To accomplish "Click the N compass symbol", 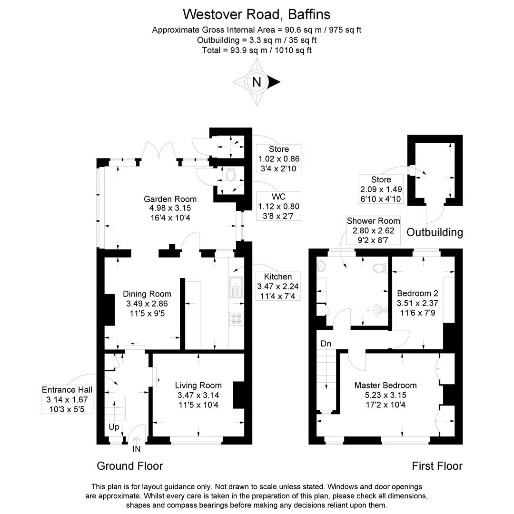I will pyautogui.click(x=257, y=82).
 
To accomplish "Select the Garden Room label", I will pyautogui.click(x=170, y=199).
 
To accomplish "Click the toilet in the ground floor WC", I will pyautogui.click(x=231, y=175).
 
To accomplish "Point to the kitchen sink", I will pyautogui.click(x=236, y=287).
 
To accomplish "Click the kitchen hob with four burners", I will pyautogui.click(x=236, y=318).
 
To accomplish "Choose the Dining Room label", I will pyautogui.click(x=147, y=294).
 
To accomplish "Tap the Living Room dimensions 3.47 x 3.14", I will pyautogui.click(x=198, y=395).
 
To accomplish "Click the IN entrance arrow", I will pyautogui.click(x=136, y=443).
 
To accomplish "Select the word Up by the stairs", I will pyautogui.click(x=114, y=427).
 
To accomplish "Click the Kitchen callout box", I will pyautogui.click(x=277, y=287).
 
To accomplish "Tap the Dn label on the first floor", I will pyautogui.click(x=326, y=344).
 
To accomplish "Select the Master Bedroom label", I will pyautogui.click(x=385, y=385).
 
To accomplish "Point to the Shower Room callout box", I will pyautogui.click(x=374, y=230).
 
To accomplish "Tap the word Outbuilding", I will pyautogui.click(x=435, y=232).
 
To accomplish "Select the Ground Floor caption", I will pyautogui.click(x=129, y=466).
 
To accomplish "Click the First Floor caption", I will pyautogui.click(x=437, y=466).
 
